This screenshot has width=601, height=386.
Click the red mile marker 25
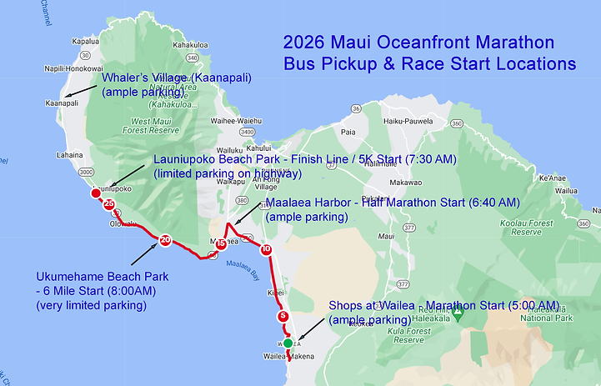109,205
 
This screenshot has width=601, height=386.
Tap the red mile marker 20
165,240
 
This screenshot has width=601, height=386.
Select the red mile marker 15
220,244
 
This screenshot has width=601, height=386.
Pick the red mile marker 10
266,249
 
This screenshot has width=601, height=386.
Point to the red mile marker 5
283,316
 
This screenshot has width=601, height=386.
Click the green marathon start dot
288,343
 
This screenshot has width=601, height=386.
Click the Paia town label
348,132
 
